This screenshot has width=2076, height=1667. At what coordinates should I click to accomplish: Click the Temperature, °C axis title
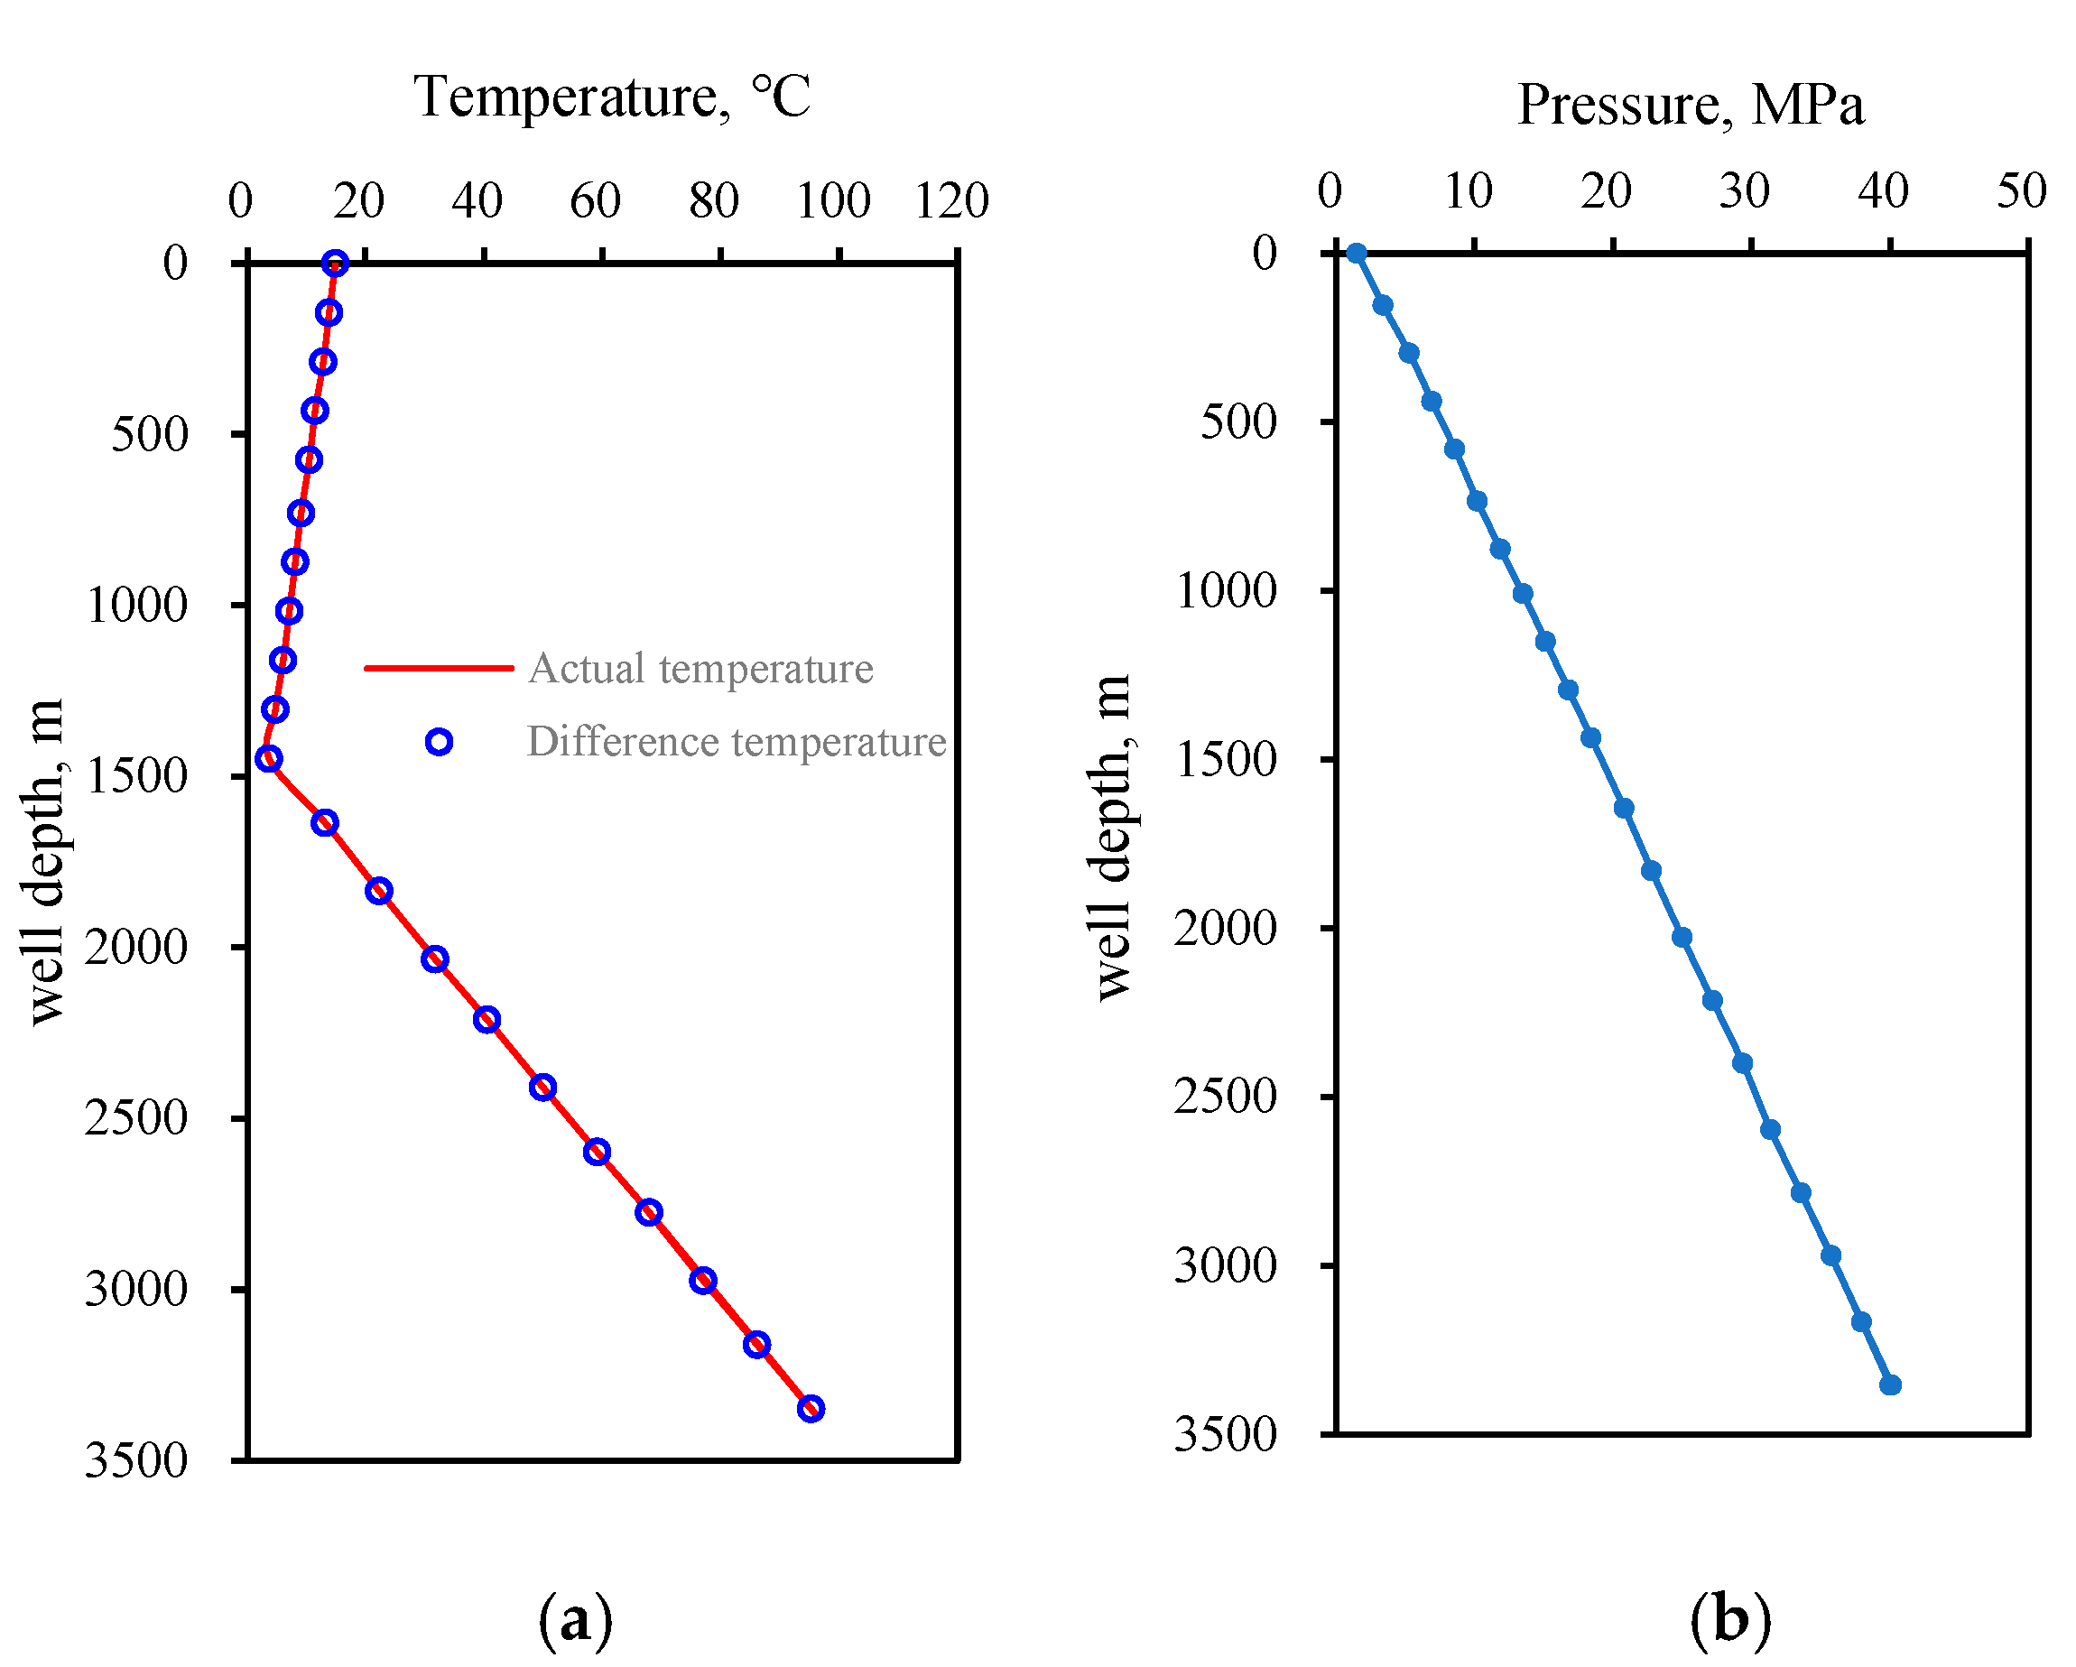(611, 98)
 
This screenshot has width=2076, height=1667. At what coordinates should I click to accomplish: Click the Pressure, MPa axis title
(1690, 105)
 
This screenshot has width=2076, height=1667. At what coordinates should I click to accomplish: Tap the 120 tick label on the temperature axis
(951, 201)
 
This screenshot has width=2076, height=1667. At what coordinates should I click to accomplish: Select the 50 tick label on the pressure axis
(2020, 190)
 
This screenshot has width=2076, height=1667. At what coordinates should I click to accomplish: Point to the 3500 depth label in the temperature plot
(135, 1461)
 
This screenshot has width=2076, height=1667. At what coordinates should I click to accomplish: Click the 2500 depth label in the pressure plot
(1225, 1096)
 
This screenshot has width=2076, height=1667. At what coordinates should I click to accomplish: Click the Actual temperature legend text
(700, 669)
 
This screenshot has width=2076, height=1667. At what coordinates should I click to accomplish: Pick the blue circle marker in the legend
(439, 742)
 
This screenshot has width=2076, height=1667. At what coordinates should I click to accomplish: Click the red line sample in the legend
(439, 667)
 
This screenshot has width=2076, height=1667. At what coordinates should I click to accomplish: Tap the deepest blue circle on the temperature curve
(811, 1409)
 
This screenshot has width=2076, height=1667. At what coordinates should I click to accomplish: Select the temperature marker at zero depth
(335, 264)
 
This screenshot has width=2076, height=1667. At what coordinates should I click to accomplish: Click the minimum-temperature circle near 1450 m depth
(269, 759)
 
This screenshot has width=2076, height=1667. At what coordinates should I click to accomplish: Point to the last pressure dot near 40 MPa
(1890, 1385)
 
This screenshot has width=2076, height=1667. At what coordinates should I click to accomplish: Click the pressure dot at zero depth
(1356, 254)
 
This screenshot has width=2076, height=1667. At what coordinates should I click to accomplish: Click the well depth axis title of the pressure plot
(1112, 838)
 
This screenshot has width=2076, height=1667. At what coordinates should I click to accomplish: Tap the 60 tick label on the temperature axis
(594, 201)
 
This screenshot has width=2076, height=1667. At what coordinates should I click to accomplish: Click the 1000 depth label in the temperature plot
(136, 606)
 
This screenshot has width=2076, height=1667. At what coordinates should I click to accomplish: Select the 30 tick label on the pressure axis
(1744, 190)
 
